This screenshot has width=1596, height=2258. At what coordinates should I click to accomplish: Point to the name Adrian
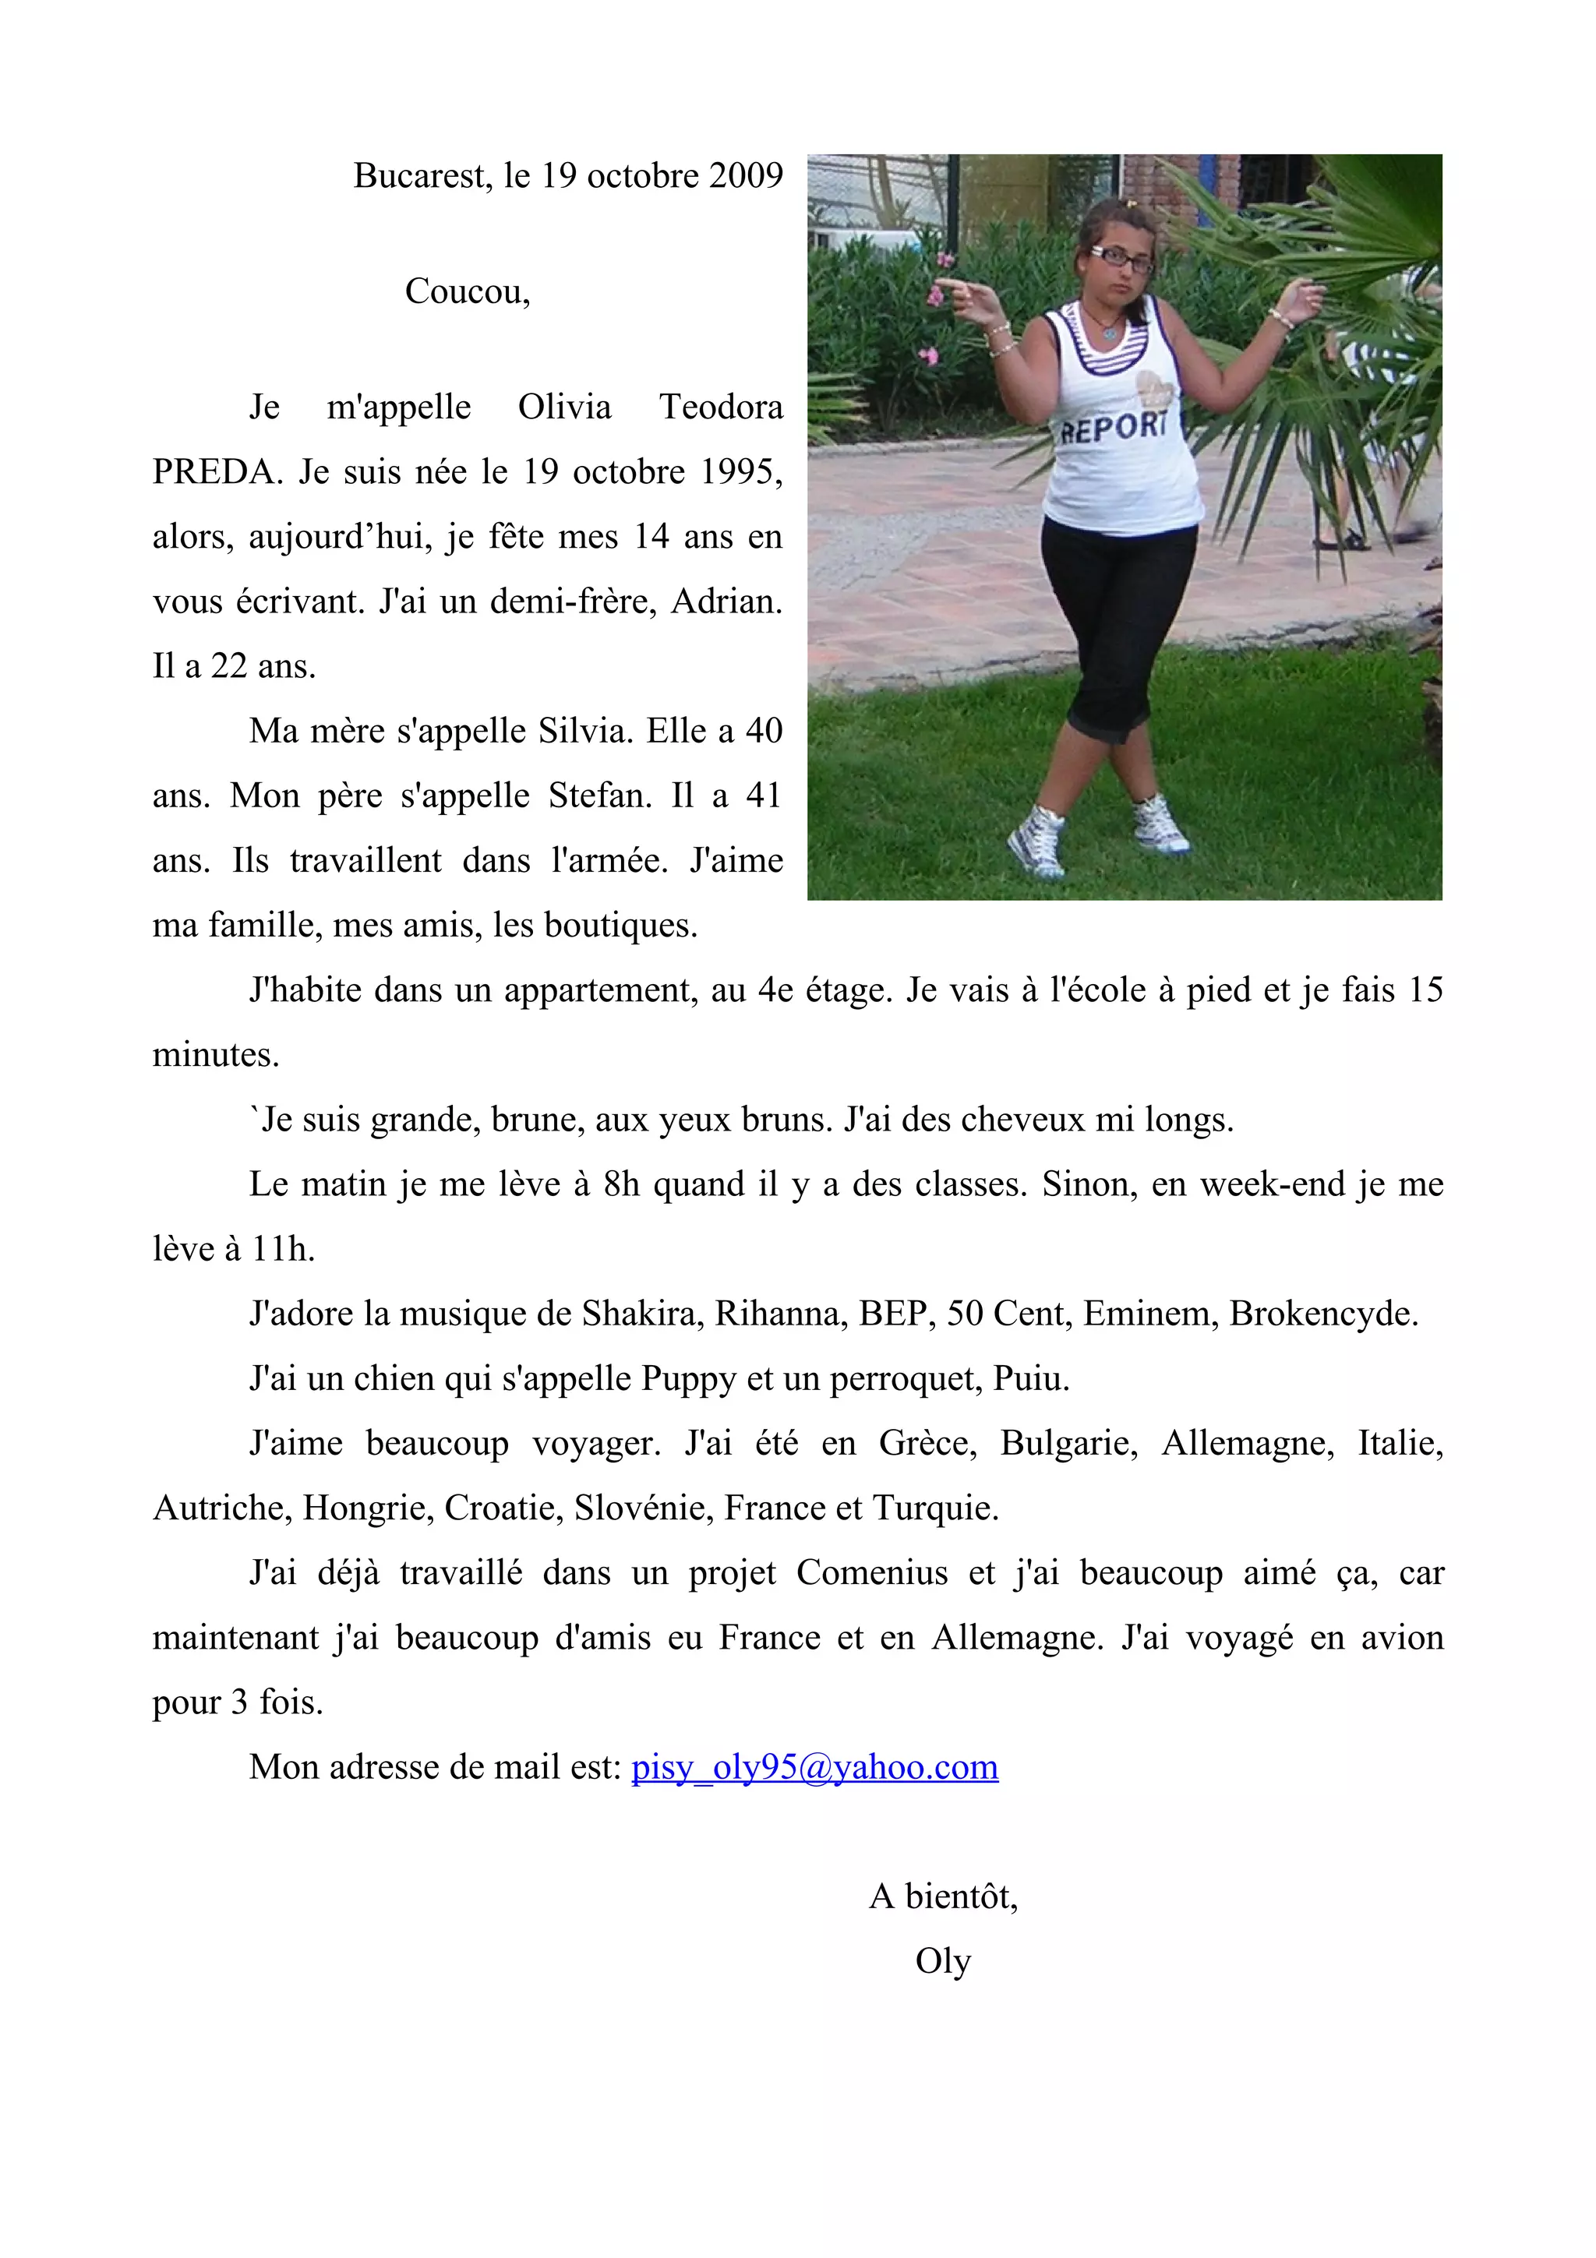click(725, 602)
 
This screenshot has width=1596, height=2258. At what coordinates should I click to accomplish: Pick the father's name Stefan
click(598, 796)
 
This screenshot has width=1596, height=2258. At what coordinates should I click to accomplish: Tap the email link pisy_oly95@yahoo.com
click(814, 1767)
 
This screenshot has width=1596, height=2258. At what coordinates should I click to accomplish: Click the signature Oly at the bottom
click(943, 1961)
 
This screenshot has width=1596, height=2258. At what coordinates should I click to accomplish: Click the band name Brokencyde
click(1322, 1314)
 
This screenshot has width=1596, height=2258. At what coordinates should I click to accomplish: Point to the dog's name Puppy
click(688, 1379)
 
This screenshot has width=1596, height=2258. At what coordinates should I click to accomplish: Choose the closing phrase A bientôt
click(943, 1896)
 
